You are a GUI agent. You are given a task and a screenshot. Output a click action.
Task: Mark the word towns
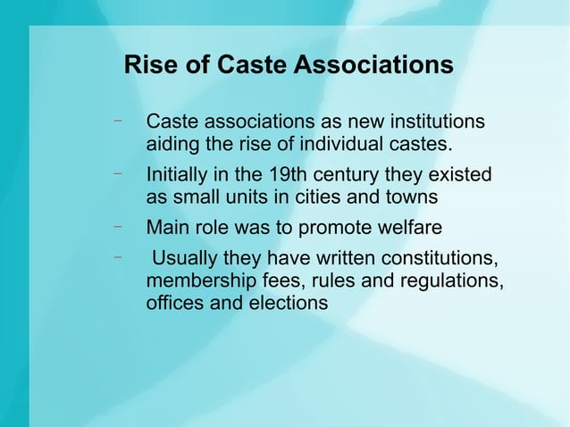411,197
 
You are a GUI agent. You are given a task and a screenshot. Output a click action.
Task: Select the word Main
167,227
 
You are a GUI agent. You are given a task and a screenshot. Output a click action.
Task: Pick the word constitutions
440,259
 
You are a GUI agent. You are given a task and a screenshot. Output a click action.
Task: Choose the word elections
288,303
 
